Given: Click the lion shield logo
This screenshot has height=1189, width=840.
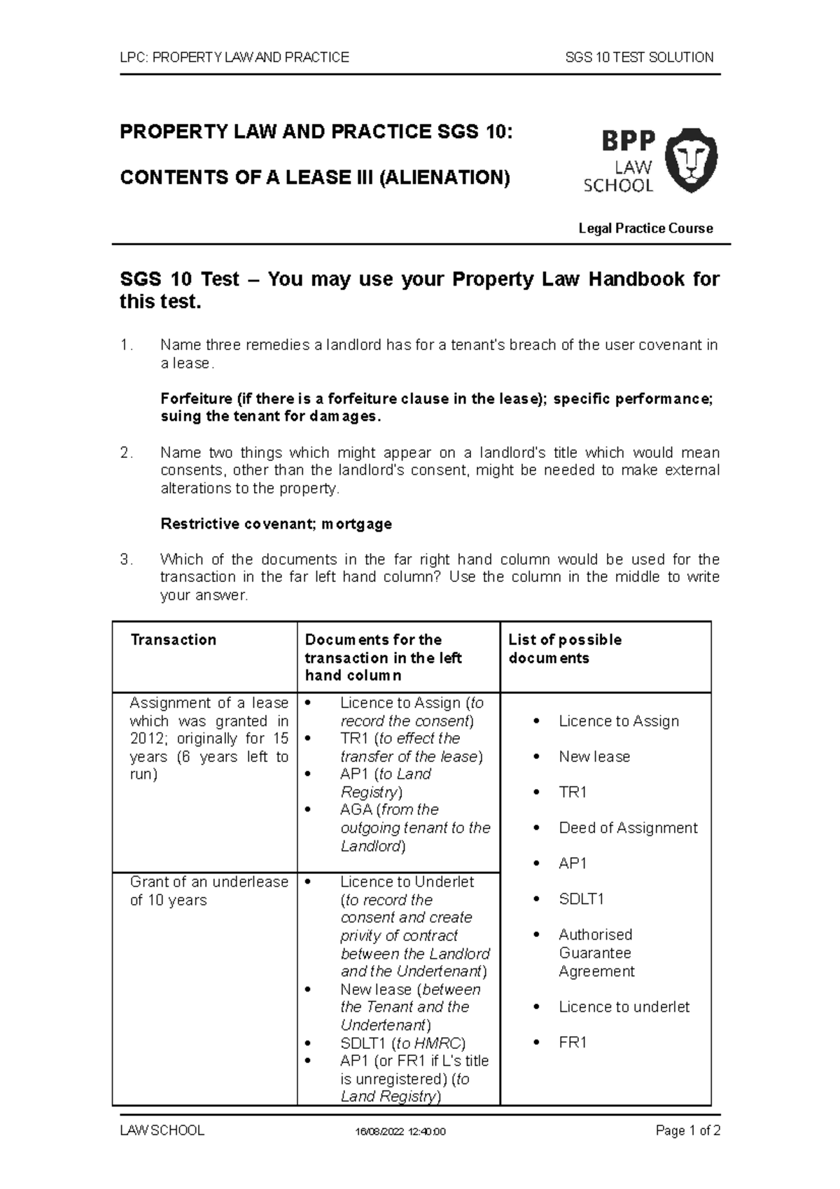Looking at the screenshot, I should pyautogui.click(x=690, y=161).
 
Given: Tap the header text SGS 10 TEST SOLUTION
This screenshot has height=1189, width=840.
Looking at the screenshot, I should pyautogui.click(x=639, y=57).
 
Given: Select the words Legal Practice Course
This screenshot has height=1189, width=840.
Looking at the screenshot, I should pyautogui.click(x=645, y=228).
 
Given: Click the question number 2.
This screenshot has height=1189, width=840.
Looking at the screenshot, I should pyautogui.click(x=125, y=453).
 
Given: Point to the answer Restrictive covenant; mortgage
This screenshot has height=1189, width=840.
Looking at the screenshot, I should pyautogui.click(x=276, y=524).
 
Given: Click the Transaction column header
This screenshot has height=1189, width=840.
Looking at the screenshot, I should pyautogui.click(x=173, y=640).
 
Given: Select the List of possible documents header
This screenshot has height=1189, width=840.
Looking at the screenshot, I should pyautogui.click(x=564, y=648).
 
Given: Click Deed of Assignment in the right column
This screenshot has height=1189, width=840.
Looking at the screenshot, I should pyautogui.click(x=627, y=828).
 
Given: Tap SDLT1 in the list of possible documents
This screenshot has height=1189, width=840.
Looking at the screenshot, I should pyautogui.click(x=580, y=899).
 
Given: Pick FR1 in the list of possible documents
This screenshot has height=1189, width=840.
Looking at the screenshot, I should pyautogui.click(x=572, y=1042).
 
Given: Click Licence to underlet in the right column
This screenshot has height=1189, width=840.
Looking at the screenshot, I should pyautogui.click(x=623, y=1007).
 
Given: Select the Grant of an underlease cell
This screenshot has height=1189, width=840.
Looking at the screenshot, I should pyautogui.click(x=209, y=891).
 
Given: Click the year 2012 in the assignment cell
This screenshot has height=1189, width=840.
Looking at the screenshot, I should pyautogui.click(x=146, y=739).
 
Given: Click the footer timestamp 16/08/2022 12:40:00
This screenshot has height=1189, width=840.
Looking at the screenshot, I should pyautogui.click(x=400, y=1132).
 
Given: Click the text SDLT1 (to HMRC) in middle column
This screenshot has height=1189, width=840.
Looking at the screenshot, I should pyautogui.click(x=402, y=1043).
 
